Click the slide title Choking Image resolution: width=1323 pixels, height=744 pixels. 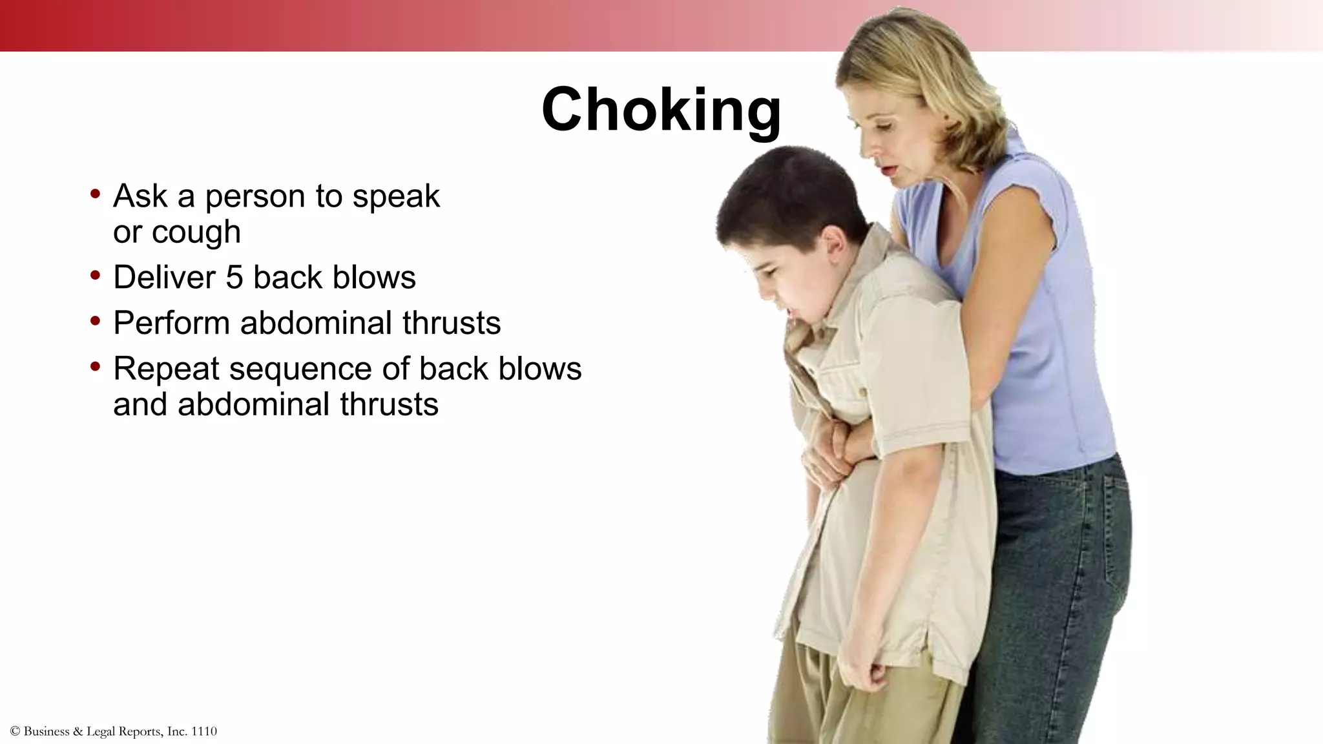[661, 109]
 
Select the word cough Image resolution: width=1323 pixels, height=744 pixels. [196, 232]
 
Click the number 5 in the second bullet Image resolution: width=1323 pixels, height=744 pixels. [234, 278]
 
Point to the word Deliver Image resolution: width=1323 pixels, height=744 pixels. [163, 278]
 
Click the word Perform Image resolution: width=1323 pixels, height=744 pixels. [171, 323]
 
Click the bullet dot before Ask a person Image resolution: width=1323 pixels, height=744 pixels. [96, 193]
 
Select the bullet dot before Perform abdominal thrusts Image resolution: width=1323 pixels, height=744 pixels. [96, 320]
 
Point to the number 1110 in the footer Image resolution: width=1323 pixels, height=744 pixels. [204, 732]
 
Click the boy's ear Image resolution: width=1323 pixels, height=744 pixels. [834, 245]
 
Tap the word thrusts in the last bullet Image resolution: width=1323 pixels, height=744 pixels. [389, 405]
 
